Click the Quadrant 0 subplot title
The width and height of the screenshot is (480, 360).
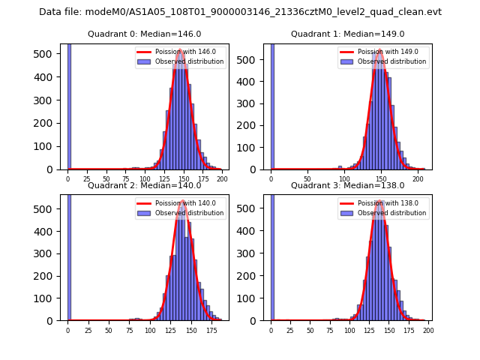coord(144,34)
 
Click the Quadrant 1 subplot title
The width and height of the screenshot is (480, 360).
coord(347,34)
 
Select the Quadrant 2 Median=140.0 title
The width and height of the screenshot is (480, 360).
coord(144,185)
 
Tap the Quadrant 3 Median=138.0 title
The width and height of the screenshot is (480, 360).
coord(347,185)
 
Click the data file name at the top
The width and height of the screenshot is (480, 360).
coord(240,12)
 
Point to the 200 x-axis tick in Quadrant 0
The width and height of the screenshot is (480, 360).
coord(222,179)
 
